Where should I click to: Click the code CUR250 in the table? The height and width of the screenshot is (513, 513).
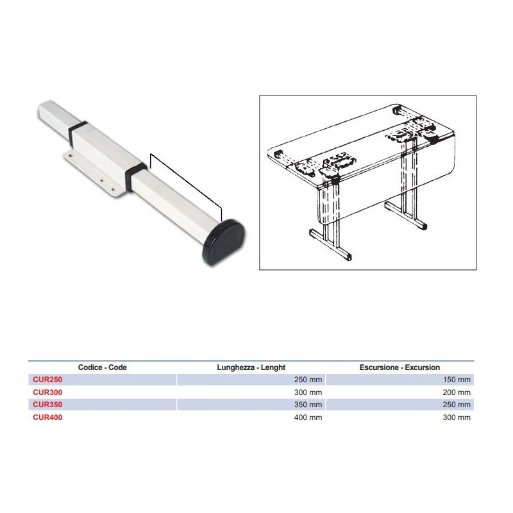point(47,380)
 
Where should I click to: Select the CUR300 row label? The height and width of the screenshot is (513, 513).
point(47,392)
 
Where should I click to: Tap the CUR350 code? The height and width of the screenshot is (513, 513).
point(47,405)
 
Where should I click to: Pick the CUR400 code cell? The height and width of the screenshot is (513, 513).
point(47,417)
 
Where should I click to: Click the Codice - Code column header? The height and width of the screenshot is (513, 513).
point(103,367)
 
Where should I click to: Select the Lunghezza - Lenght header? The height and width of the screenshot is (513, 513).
point(251,367)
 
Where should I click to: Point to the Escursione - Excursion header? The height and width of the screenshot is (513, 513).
point(399,367)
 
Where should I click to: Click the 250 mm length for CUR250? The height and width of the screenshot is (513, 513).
point(308,380)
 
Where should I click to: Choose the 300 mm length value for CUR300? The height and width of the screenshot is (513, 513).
point(308,392)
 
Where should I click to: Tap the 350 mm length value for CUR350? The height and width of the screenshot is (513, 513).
point(308,405)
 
